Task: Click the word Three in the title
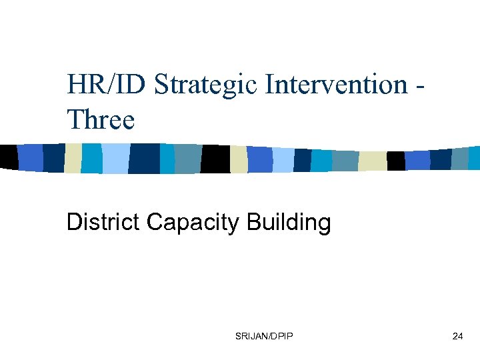(x=101, y=121)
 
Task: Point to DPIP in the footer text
(x=282, y=337)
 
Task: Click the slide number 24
(x=457, y=337)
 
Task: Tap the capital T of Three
(x=74, y=121)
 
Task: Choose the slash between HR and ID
(x=111, y=85)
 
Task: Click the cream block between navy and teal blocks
(x=73, y=158)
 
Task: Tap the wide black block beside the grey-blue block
(x=215, y=159)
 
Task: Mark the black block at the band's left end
(x=8, y=157)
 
